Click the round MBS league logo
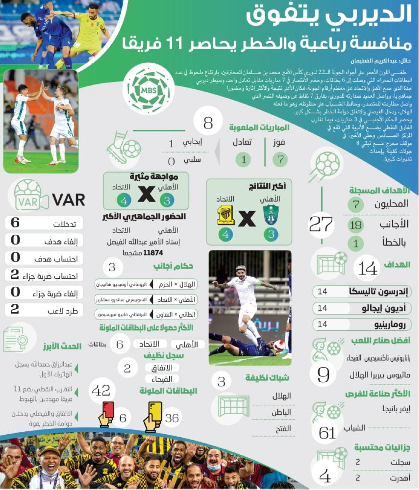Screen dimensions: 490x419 149,89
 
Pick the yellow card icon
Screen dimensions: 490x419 155,411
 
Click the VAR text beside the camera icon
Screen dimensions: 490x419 68,200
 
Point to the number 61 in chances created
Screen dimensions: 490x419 328,432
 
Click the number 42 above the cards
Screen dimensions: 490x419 101,390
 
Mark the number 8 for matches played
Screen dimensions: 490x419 208,123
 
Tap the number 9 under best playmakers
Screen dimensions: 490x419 323,374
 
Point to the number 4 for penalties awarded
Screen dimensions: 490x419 325,476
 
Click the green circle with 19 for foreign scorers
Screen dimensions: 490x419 355,225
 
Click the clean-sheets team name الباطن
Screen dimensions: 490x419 281,412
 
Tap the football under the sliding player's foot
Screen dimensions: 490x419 279,345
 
